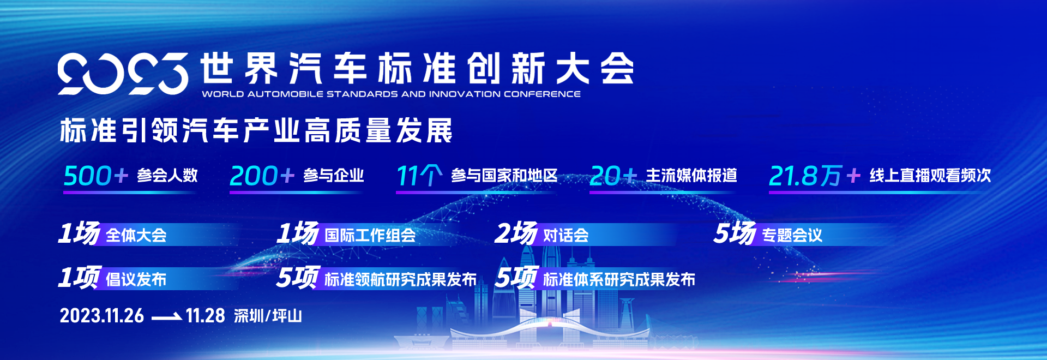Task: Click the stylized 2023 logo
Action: pos(123,74)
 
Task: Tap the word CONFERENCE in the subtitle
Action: pos(542,94)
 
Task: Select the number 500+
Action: pos(95,176)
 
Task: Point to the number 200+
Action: pos(262,176)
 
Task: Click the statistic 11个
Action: pos(419,176)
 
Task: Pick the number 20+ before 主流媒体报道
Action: pos(613,176)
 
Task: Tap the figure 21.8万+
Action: pos(815,176)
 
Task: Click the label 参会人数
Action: pos(167,176)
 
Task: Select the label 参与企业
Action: pos(334,176)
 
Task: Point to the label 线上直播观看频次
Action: pos(930,176)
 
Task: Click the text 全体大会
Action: pos(136,236)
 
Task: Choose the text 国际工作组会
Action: pos(370,236)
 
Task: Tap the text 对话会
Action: pos(566,236)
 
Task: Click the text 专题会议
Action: pos(792,236)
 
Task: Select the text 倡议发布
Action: pos(136,280)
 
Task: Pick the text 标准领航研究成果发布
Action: pos(401,280)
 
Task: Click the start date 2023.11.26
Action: pos(102,316)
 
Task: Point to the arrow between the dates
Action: pos(166,316)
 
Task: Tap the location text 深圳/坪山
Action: pos(268,316)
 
